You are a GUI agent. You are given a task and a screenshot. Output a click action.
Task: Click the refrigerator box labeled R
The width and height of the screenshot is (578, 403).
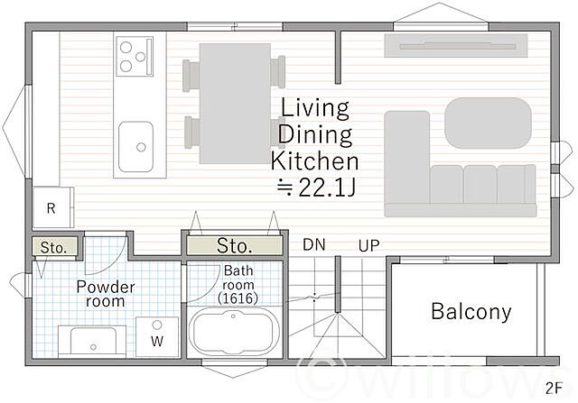53,207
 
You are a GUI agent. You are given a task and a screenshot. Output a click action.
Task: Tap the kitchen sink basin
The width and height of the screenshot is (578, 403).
135,147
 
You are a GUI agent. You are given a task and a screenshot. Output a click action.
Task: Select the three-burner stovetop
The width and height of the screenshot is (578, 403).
135,56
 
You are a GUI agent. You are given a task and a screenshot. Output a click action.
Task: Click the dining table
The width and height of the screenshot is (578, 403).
235,104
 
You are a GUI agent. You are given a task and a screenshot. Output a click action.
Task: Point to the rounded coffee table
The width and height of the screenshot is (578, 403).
488,123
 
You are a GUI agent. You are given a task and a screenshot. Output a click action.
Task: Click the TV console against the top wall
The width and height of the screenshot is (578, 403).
456,46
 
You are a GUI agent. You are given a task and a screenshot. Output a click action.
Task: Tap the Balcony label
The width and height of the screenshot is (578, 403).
471,312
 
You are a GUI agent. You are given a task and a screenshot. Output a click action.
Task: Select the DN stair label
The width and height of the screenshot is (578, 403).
314,244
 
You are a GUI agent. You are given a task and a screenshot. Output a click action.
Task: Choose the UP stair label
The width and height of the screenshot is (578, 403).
368,246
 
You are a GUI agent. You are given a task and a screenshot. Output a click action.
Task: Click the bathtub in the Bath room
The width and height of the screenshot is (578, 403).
233,331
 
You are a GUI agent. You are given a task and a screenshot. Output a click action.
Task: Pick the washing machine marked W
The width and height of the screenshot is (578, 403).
157,337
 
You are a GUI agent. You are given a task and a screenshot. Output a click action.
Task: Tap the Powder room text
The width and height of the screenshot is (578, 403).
106,294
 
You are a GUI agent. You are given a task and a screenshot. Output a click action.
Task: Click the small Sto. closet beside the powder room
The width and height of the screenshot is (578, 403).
54,247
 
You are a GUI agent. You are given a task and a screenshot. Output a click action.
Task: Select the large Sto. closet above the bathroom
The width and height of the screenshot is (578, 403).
235,245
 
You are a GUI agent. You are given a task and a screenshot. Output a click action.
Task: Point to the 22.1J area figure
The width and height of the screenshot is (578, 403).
316,187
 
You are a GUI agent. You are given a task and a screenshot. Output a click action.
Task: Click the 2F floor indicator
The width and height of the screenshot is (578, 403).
554,389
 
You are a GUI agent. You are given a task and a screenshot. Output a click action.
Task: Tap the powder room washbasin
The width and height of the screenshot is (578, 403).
93,342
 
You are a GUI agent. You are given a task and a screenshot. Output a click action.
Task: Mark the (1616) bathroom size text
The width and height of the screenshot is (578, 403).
238,298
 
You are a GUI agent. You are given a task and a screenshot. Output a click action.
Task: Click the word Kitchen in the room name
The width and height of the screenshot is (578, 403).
315,161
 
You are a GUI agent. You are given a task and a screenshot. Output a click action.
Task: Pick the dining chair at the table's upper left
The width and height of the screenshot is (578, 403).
191,75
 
